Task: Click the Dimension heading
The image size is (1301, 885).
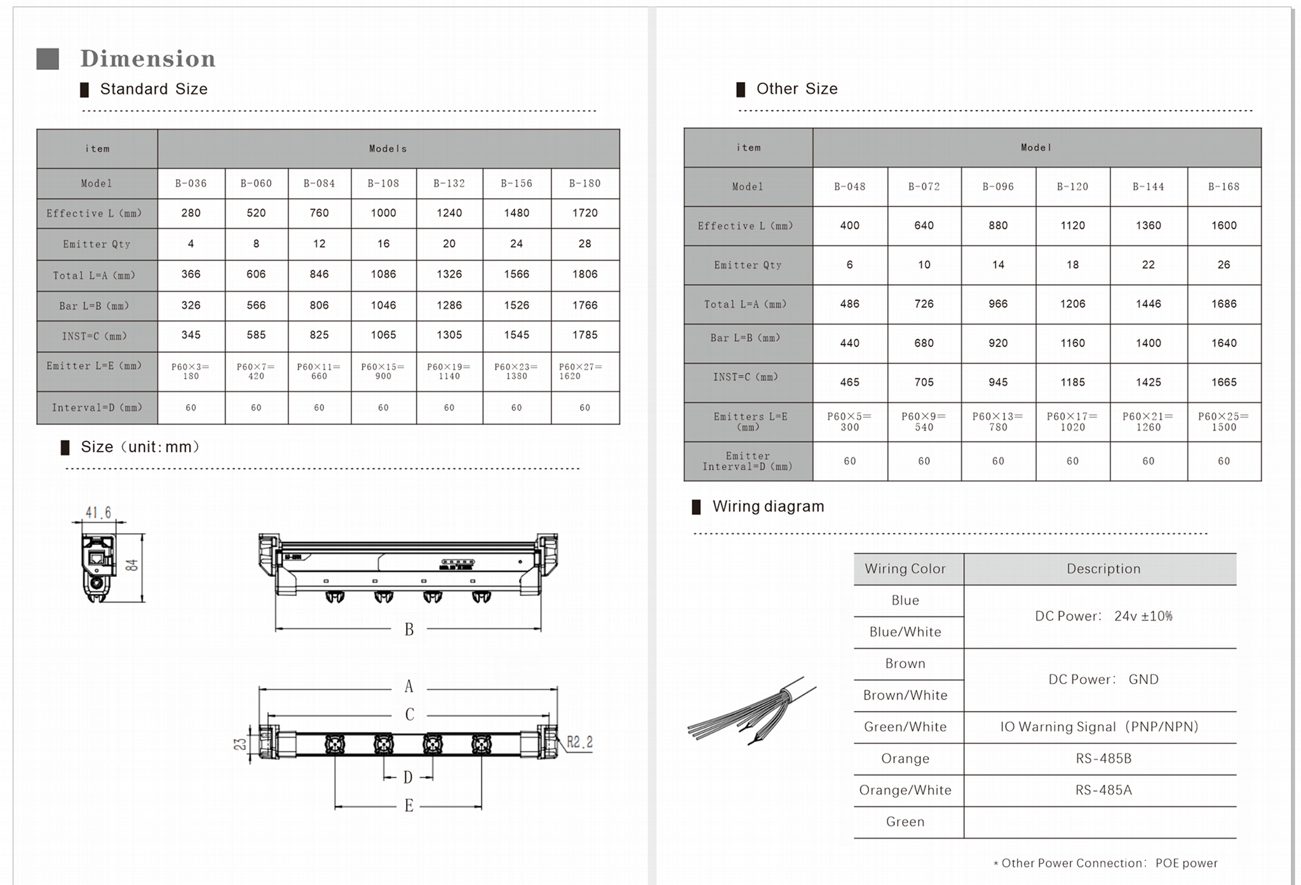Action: pos(147,58)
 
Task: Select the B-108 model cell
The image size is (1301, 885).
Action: pos(383,184)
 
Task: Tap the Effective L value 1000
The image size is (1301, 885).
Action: pos(383,213)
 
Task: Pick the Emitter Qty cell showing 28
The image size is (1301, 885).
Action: pos(584,244)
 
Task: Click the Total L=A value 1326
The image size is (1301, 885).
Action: pos(449,274)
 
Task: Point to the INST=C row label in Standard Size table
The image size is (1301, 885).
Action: pos(95,336)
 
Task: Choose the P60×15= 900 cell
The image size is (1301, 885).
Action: pos(383,372)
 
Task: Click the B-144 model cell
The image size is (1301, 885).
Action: pos(1148,187)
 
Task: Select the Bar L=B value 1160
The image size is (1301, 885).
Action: pos(1072,343)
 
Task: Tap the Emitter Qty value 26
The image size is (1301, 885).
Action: pos(1223,265)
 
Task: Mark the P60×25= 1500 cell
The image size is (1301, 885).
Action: pos(1223,422)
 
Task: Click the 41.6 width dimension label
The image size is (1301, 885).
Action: pos(98,513)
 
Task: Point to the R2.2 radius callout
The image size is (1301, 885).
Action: pos(579,742)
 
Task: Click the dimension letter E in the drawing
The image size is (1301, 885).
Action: pos(408,806)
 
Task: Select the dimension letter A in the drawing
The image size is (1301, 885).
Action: pos(408,687)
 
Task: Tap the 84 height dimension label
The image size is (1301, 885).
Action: pos(132,565)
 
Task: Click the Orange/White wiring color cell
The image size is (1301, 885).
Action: pos(905,790)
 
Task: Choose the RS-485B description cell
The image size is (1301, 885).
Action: pos(1103,759)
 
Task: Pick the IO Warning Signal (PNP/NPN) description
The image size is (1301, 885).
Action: pos(1099,727)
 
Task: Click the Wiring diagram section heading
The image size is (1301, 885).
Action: pos(768,507)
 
